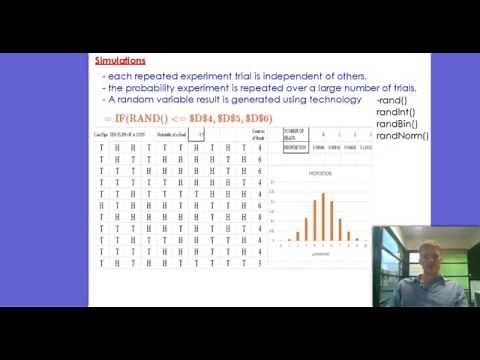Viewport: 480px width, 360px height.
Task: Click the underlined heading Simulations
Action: point(120,60)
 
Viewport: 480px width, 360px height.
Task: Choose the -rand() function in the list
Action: point(393,102)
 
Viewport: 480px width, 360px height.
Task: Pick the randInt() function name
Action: point(396,113)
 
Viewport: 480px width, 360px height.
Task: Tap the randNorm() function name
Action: point(402,135)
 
